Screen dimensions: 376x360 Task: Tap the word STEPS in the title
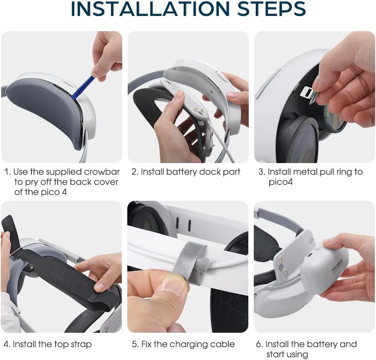click(x=271, y=9)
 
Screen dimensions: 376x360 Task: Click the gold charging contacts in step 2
click(x=199, y=110)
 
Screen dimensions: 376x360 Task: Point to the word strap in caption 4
click(x=81, y=345)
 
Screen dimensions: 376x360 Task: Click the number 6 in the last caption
click(x=258, y=344)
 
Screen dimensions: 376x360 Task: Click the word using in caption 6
click(x=297, y=355)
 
